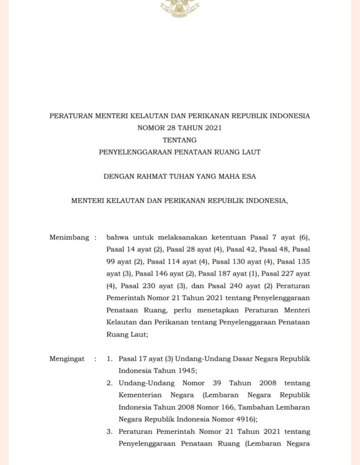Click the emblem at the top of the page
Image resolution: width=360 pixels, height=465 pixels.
point(180,8)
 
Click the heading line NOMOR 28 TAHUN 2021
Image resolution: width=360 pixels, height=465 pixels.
point(180,128)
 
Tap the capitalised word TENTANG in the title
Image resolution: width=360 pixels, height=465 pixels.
point(180,140)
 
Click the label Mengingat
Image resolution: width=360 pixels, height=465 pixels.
point(67,359)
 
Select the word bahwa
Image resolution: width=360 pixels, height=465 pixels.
point(117,238)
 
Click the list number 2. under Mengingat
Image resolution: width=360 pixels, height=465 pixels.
point(110,383)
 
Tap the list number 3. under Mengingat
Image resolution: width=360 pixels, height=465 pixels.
point(110,432)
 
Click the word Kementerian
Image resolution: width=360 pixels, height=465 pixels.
point(140,395)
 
